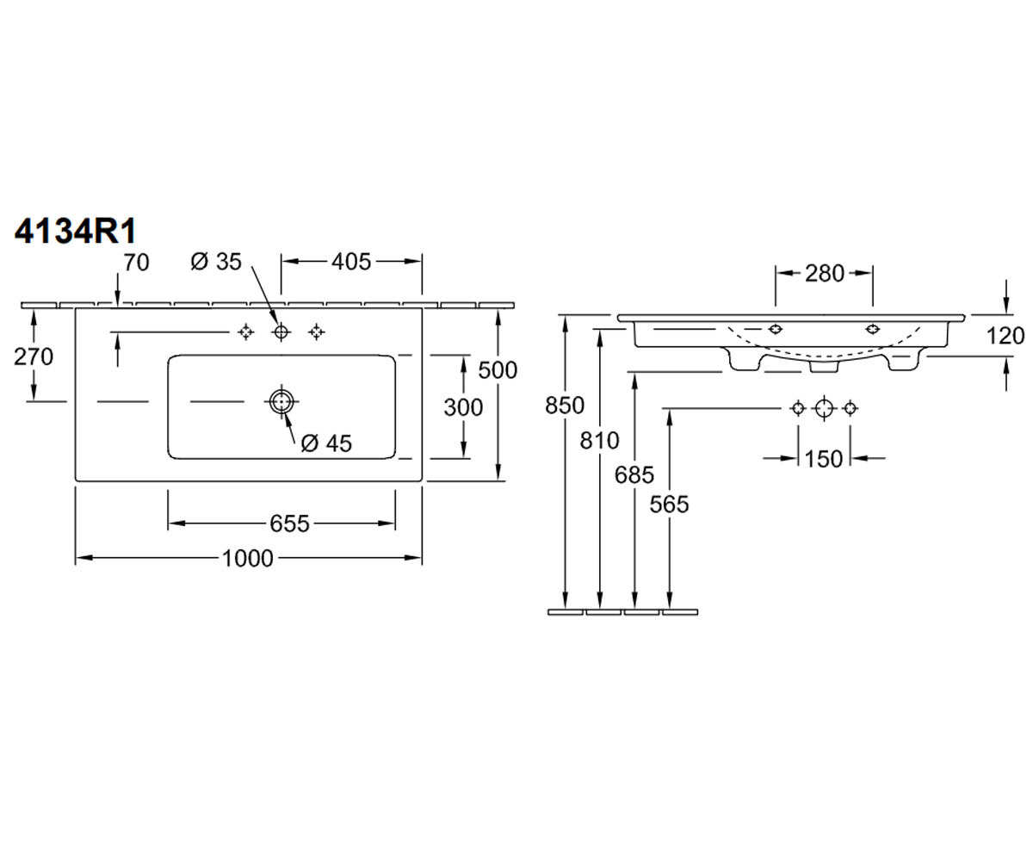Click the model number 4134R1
tap(75, 231)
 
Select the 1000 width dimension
tap(247, 558)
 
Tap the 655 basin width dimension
tap(289, 523)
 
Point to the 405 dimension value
tap(350, 262)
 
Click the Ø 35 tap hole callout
tap(216, 262)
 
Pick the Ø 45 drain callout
tap(326, 443)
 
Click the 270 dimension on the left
tap(34, 356)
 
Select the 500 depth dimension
tap(498, 370)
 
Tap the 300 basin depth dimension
tap(463, 407)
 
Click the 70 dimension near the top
tap(136, 263)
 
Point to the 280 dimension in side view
tap(824, 273)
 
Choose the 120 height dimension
tap(1005, 336)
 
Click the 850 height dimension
tap(565, 406)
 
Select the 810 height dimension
tap(600, 440)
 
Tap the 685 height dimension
tap(634, 475)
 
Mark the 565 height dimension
tap(670, 505)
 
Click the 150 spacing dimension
tap(824, 459)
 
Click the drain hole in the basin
tap(281, 401)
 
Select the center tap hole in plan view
tap(281, 331)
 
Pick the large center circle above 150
tap(824, 408)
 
